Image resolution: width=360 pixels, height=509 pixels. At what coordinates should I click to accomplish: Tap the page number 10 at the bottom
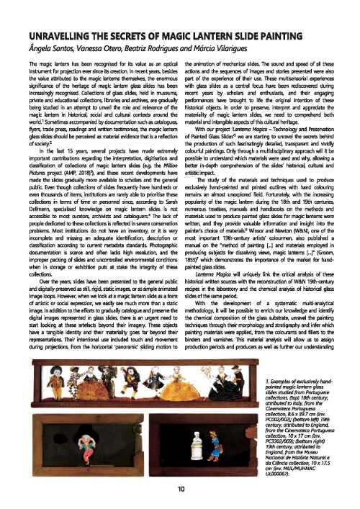pyautogui.click(x=180, y=489)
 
